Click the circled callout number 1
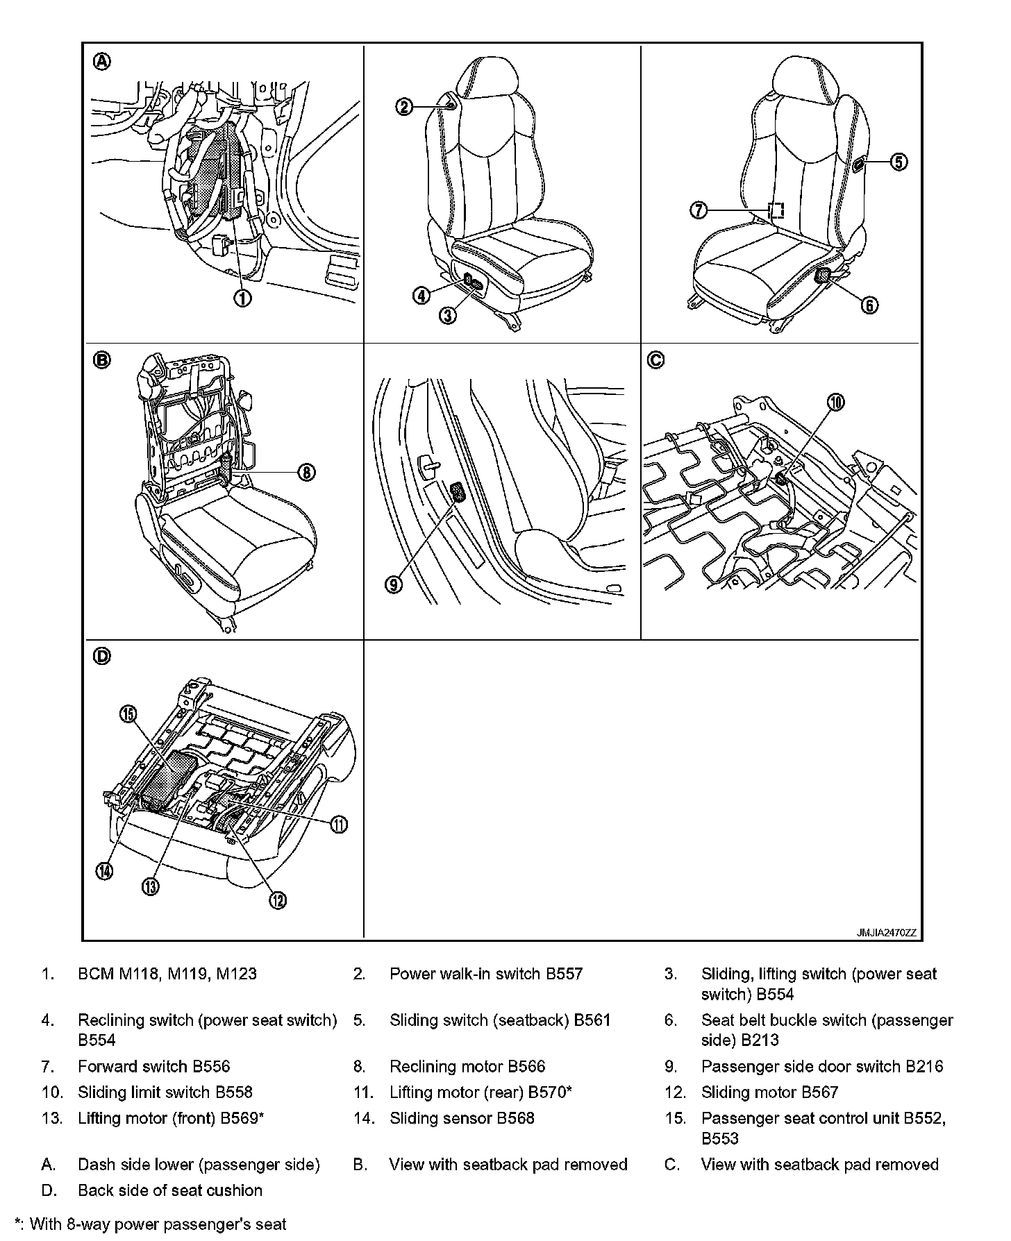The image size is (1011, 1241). [x=242, y=298]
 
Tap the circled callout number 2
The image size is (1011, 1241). [x=405, y=107]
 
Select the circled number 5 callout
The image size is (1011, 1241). [x=899, y=162]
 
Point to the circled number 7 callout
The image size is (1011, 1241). [x=699, y=210]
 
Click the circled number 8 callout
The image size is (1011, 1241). [x=306, y=473]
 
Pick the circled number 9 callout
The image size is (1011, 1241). [x=394, y=584]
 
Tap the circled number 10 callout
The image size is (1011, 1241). [x=836, y=402]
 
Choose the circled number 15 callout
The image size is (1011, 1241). [x=129, y=714]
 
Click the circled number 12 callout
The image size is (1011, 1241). [x=277, y=900]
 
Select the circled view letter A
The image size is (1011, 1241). [x=101, y=62]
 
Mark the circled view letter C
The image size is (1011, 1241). [x=655, y=360]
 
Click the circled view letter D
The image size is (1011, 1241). [x=101, y=656]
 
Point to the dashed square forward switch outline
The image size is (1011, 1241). [x=776, y=210]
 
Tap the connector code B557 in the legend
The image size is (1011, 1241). [x=564, y=974]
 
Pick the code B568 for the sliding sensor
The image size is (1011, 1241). [x=515, y=1117]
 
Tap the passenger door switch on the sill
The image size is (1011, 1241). [x=458, y=492]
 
